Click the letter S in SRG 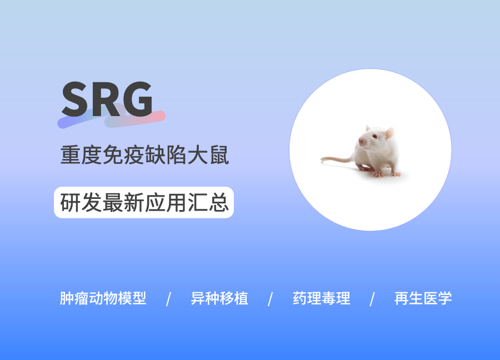74,99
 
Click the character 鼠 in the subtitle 219,155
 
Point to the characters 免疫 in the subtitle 123,155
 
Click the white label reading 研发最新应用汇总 144,202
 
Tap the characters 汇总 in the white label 208,202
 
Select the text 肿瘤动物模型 103,298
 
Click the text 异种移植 219,298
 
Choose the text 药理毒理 322,298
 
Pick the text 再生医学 423,298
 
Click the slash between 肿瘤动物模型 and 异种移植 169,299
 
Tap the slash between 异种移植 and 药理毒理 271,299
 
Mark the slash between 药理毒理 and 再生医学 372,299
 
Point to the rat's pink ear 389,133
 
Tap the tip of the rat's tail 322,159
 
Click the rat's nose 360,141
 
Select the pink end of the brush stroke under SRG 161,116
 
